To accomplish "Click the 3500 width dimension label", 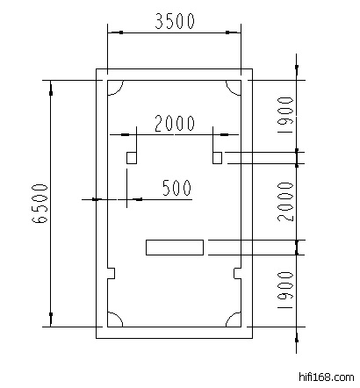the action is click(x=175, y=21).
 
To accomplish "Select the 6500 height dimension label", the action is click(x=40, y=204).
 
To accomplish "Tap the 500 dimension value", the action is click(x=176, y=188).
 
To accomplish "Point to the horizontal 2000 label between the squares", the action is click(x=175, y=123).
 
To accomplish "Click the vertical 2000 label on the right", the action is click(x=285, y=201).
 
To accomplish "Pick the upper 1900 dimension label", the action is click(x=285, y=115).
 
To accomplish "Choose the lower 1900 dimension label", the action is click(x=285, y=290).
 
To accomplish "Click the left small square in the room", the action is click(x=132, y=158).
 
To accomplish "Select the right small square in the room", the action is click(x=217, y=158).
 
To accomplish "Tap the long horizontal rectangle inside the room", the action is click(x=175, y=248).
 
